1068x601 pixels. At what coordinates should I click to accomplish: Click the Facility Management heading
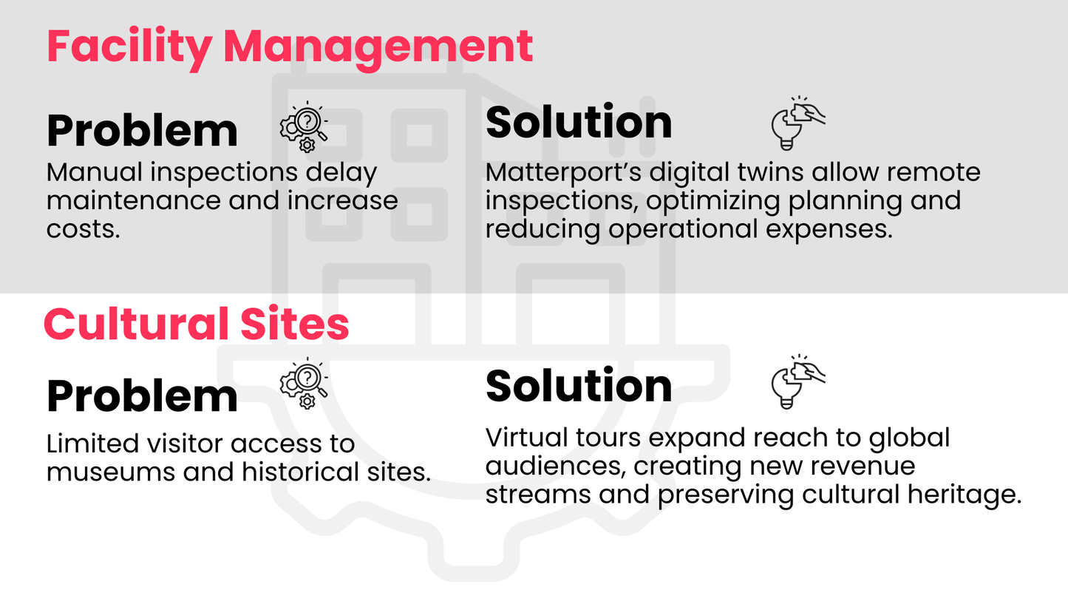coord(290,48)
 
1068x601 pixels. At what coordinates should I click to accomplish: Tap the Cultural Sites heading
coord(197,324)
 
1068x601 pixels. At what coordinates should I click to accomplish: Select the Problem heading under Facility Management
coord(142,131)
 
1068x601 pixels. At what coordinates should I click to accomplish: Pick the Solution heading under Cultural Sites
coord(579,387)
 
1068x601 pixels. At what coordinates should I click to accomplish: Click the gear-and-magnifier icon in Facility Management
coord(305,127)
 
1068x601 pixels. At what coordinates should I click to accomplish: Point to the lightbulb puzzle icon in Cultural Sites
coord(798,381)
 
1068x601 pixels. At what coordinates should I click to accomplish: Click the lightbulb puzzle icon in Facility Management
coord(798,123)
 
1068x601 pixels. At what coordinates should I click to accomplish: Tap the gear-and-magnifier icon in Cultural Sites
coord(305,383)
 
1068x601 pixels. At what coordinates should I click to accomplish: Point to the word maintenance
coord(134,201)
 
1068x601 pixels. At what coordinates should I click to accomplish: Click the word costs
coord(83,230)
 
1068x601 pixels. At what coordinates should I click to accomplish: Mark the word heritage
coord(965,495)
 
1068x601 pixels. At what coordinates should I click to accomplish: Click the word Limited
coord(92,444)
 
